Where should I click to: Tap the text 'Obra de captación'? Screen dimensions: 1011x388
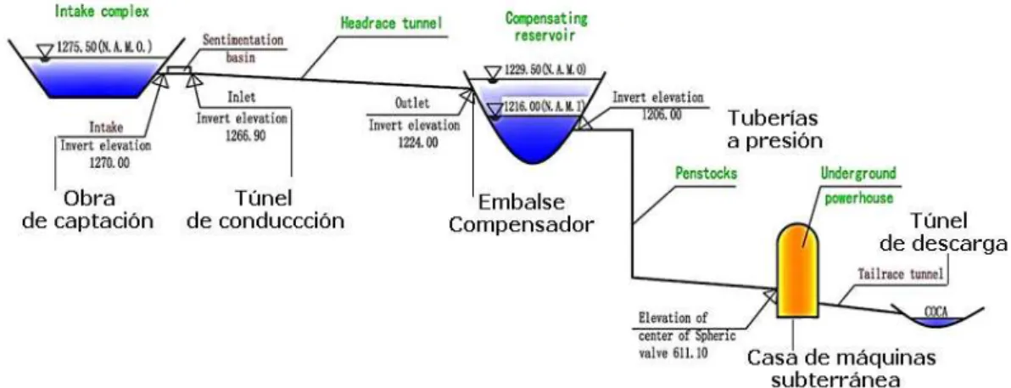pyautogui.click(x=88, y=209)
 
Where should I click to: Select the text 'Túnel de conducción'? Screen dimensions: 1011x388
pyautogui.click(x=265, y=209)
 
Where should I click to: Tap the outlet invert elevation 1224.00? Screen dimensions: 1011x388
pyautogui.click(x=414, y=143)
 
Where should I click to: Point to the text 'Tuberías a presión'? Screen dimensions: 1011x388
pyautogui.click(x=777, y=128)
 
